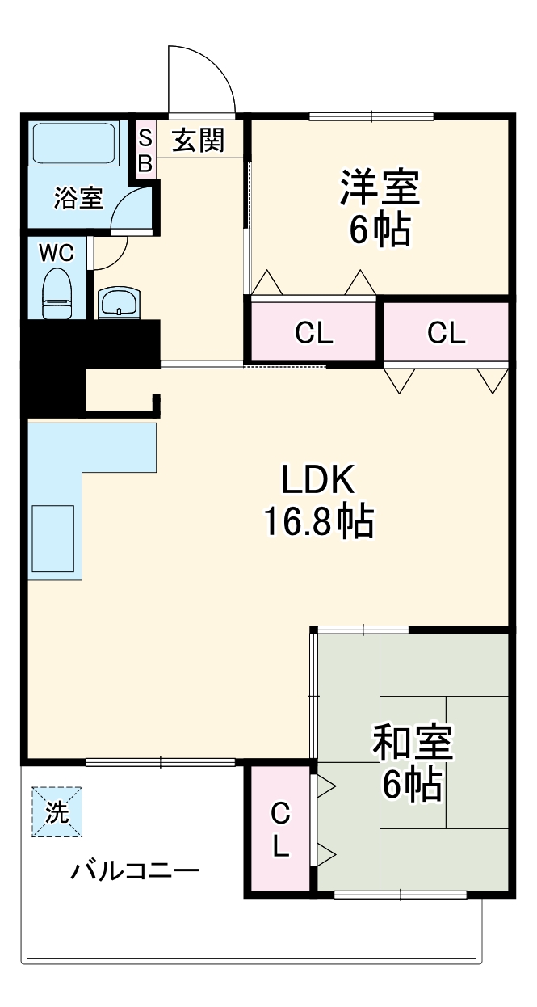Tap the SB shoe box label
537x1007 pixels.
click(145, 151)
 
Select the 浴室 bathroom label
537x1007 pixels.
click(78, 197)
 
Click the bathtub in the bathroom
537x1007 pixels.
click(73, 144)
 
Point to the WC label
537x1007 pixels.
click(57, 253)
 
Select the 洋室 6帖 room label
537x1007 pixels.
click(379, 208)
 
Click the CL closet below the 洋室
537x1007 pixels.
click(313, 332)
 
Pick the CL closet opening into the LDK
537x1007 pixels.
click(446, 332)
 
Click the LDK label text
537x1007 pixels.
click(317, 482)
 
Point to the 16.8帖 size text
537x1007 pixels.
click(317, 522)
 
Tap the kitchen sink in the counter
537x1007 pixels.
click(53, 530)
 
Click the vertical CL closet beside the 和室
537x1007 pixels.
click(279, 828)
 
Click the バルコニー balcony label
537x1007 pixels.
click(134, 871)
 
